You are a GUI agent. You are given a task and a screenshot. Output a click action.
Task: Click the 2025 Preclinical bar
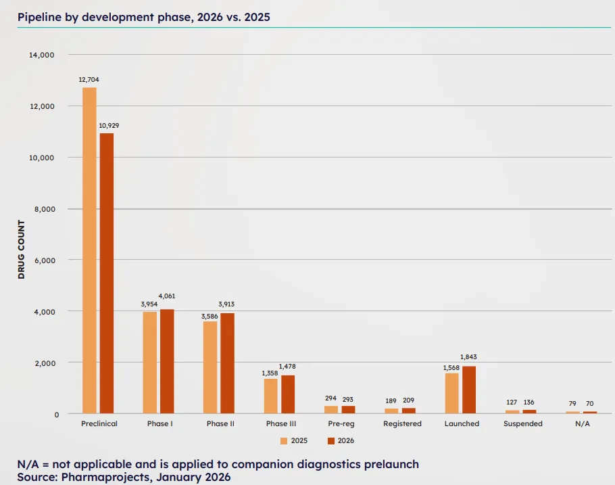click(89, 250)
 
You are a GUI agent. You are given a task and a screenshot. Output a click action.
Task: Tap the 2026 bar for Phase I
click(167, 361)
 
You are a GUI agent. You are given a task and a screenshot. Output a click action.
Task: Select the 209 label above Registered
click(409, 400)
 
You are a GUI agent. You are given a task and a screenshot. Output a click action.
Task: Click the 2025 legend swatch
click(284, 441)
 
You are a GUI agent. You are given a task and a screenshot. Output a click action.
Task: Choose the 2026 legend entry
click(341, 441)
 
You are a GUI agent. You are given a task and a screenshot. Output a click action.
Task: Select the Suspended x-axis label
click(523, 424)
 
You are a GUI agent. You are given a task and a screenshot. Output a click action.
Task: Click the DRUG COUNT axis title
click(21, 250)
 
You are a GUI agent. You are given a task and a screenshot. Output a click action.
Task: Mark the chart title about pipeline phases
click(144, 17)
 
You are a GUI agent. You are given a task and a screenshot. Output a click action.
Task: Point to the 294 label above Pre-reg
click(330, 400)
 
